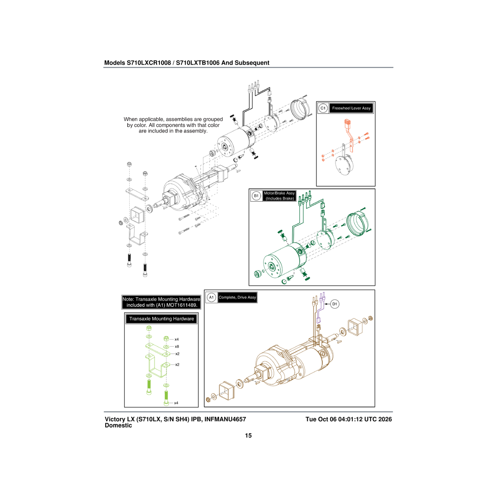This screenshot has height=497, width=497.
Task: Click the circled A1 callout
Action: tap(211, 297)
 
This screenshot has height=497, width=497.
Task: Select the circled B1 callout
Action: tap(256, 196)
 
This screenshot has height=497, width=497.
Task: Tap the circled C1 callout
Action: tap(323, 108)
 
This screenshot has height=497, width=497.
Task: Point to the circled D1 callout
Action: tap(335, 304)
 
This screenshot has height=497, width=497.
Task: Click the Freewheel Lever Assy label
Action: tap(351, 109)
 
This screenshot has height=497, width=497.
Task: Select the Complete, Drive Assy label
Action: tap(237, 297)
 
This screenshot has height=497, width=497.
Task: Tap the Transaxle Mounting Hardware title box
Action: tap(162, 319)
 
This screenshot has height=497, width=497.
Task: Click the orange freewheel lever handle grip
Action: tap(347, 123)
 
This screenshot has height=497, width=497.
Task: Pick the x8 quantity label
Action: tap(177, 347)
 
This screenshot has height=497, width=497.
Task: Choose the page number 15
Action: tap(248, 436)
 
